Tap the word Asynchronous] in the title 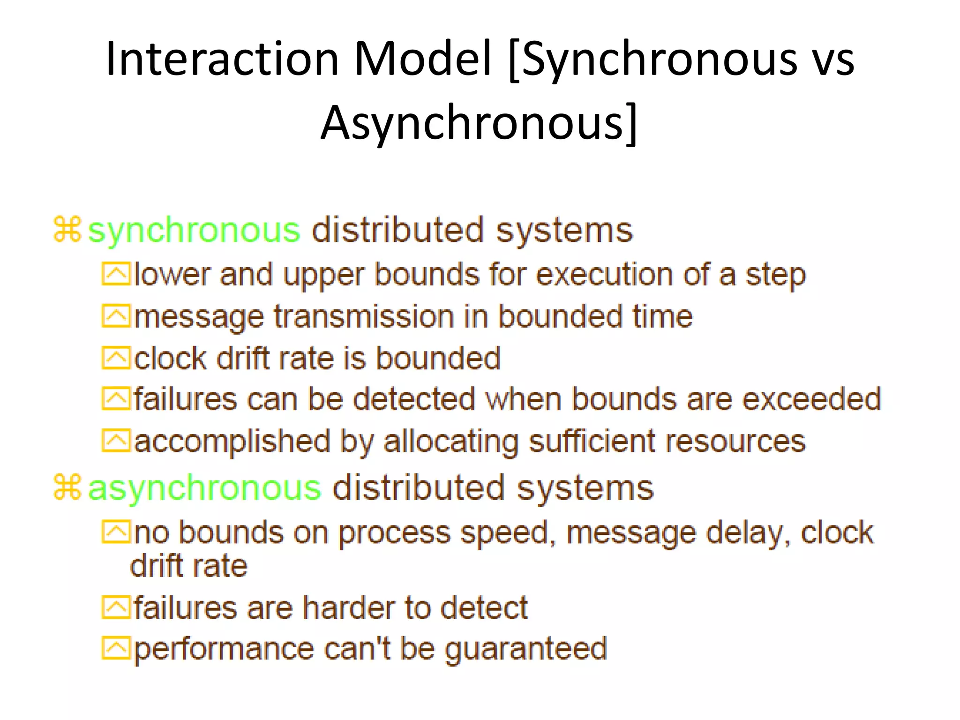point(479,123)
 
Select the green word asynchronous point(204,488)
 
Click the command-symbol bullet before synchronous point(68,230)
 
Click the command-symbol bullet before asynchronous point(68,487)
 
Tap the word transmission point(364,317)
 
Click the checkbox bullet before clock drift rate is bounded point(116,359)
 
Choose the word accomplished point(232,442)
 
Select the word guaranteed point(525,650)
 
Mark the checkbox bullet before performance point(116,649)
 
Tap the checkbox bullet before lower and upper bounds point(116,275)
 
